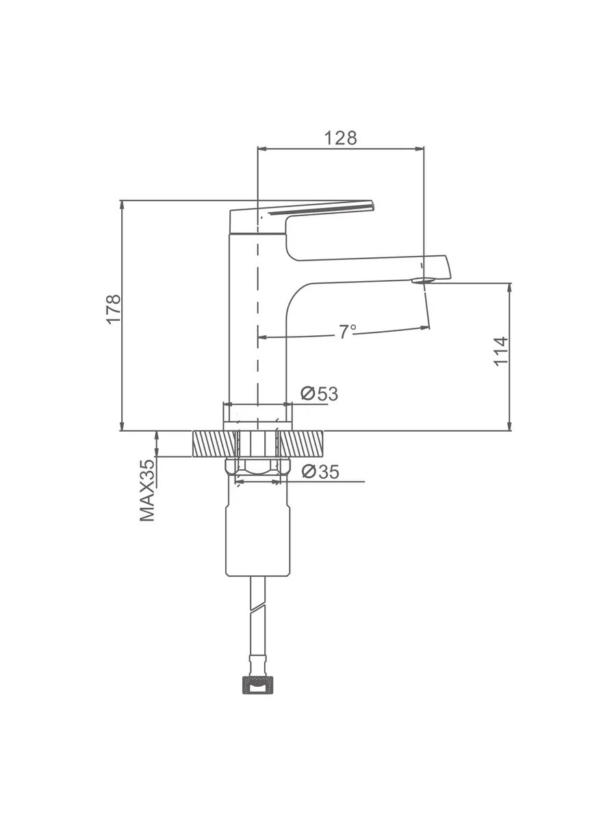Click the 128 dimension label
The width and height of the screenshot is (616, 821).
coord(340,138)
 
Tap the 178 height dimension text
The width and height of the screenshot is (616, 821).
coord(114,309)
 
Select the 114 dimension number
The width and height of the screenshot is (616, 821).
coord(501,351)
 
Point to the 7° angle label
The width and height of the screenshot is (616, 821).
coord(348,331)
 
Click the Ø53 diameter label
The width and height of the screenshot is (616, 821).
coord(320,394)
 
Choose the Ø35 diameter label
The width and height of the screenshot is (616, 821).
coord(320,471)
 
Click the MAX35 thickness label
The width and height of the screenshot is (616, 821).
coord(147,491)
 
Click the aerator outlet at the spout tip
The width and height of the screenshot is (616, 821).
coord(422,280)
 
